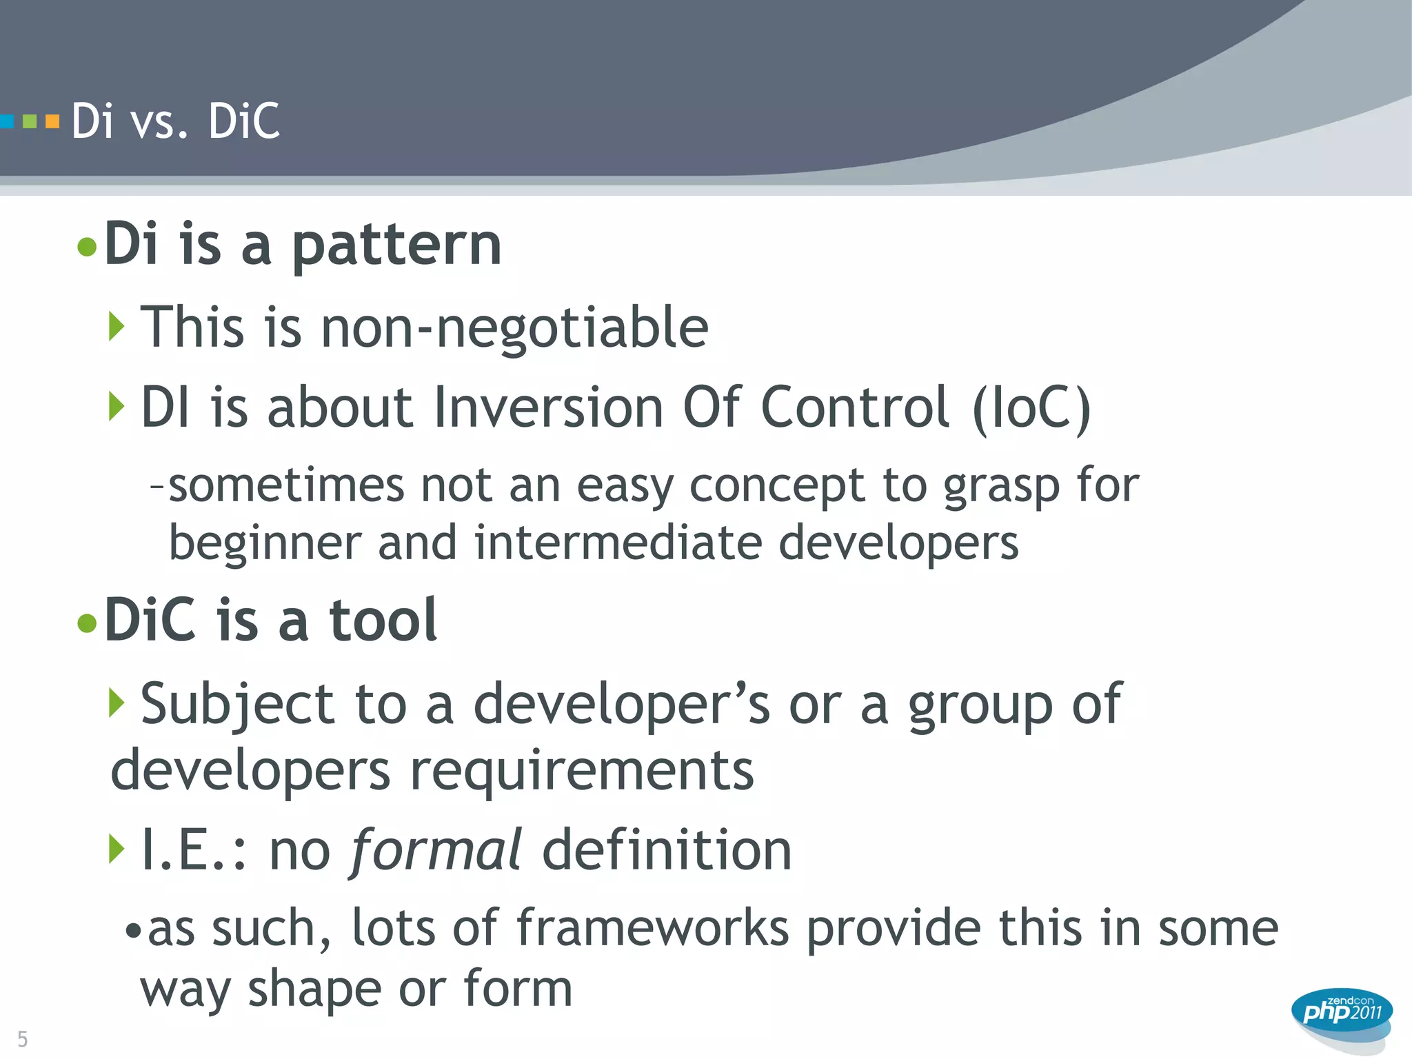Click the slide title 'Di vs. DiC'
pos(176,121)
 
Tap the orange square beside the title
pos(52,122)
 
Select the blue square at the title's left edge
pos(7,122)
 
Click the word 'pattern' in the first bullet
pos(396,245)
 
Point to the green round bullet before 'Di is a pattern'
pos(87,247)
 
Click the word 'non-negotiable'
pos(514,327)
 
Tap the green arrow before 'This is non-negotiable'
pos(117,326)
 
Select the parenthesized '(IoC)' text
pos(1031,408)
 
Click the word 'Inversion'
pos(548,407)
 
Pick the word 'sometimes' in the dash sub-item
pos(286,485)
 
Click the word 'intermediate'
pos(618,543)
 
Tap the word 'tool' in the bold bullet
pos(383,620)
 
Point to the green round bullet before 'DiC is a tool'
pos(87,623)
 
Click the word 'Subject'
pos(238,705)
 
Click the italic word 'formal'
pos(436,850)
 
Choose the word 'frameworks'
pos(652,928)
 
